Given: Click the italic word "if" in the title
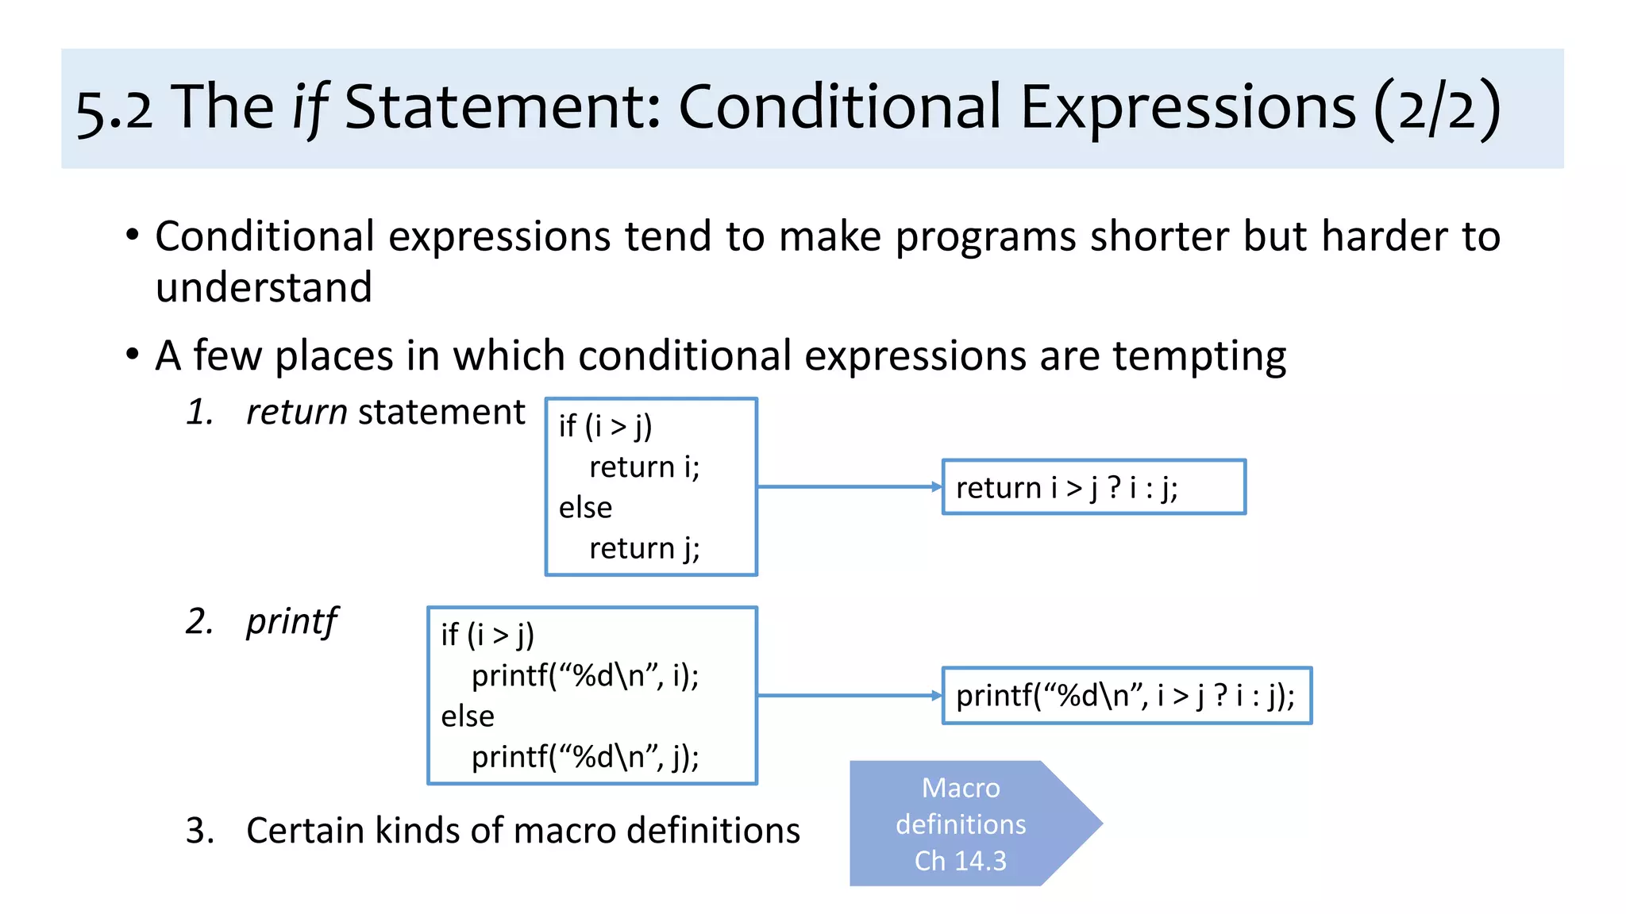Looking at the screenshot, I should click(x=310, y=109).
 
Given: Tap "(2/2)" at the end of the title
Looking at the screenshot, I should click(x=1437, y=109).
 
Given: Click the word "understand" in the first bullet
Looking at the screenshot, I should click(x=264, y=287).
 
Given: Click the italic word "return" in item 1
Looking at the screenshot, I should click(x=296, y=413).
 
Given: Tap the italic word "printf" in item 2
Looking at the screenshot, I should click(x=291, y=621).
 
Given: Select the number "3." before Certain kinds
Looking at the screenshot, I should click(x=200, y=831).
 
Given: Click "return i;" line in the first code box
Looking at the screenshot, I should click(x=644, y=467).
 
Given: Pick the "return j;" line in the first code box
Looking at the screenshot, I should click(x=644, y=548).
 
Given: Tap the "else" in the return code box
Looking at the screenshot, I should click(x=585, y=508).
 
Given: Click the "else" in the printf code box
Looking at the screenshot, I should click(x=468, y=716).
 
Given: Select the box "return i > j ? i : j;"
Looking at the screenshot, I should click(x=1092, y=487).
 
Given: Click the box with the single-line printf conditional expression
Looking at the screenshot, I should click(x=1126, y=696).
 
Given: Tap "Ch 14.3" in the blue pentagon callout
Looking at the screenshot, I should click(x=960, y=861).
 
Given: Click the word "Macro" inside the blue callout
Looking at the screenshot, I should click(x=961, y=788).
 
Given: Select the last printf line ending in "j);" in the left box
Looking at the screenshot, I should click(x=585, y=757).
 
